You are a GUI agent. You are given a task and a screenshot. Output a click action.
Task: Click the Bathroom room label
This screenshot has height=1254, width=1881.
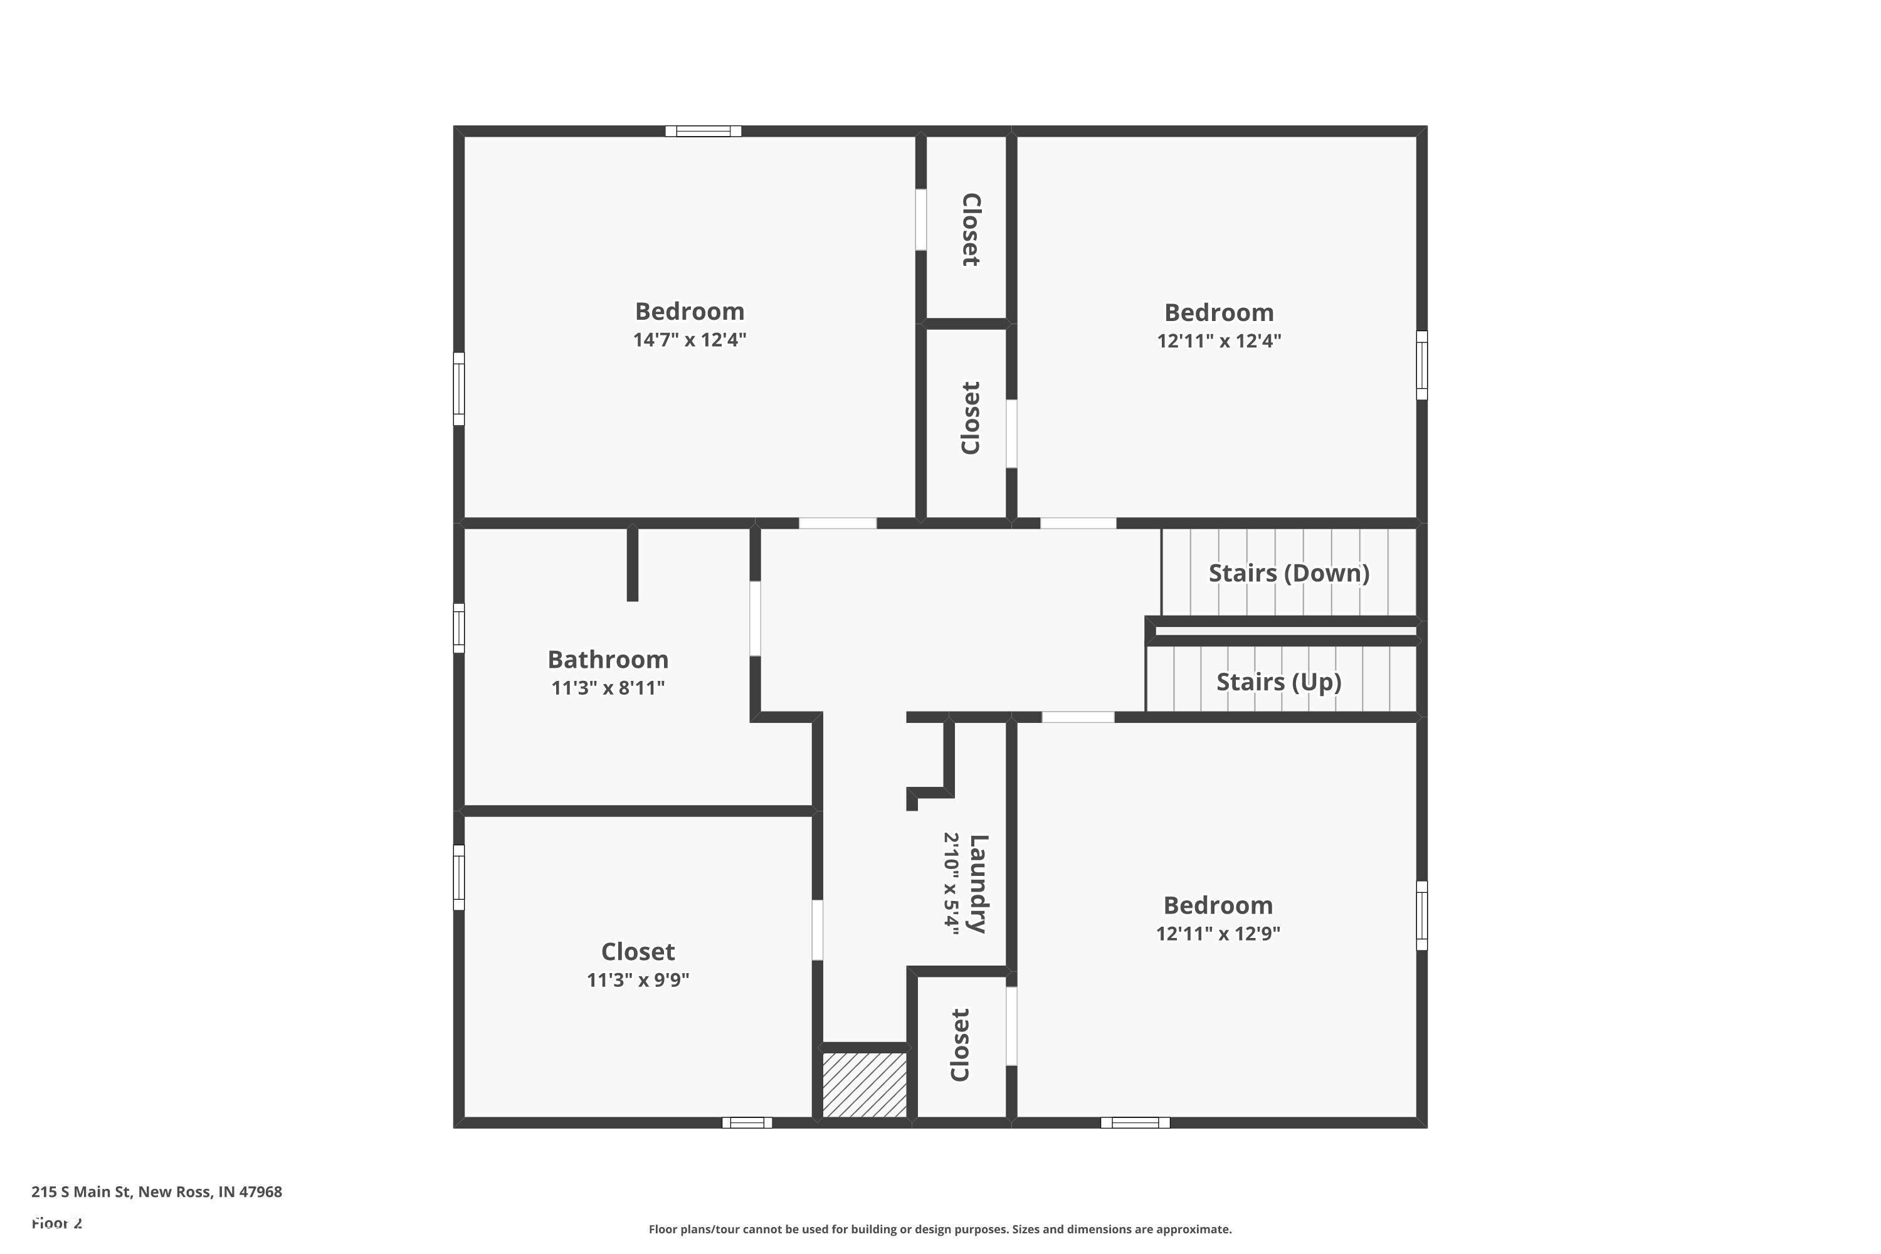608,660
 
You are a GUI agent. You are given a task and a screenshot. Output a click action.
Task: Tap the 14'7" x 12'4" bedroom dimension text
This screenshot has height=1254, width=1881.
689,340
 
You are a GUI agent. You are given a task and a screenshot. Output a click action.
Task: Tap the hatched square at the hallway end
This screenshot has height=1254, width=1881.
865,1085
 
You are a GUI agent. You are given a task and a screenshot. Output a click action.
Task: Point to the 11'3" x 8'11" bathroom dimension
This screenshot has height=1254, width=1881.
608,688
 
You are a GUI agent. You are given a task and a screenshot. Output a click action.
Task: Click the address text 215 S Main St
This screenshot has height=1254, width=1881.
157,1192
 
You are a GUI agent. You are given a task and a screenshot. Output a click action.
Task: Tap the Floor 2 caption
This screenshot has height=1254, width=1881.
57,1223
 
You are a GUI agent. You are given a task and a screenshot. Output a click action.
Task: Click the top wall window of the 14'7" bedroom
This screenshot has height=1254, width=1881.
703,131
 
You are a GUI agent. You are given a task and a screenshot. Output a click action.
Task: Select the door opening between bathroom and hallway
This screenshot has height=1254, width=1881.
754,619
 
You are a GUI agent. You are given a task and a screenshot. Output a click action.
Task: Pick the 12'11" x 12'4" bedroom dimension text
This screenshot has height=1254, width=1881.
1218,340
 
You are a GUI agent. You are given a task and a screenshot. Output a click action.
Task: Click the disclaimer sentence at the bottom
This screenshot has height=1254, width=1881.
940,1229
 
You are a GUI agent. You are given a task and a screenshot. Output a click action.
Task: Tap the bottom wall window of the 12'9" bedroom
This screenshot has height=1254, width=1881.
1135,1123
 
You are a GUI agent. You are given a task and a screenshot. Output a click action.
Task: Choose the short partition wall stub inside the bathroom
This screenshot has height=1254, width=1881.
633,564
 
